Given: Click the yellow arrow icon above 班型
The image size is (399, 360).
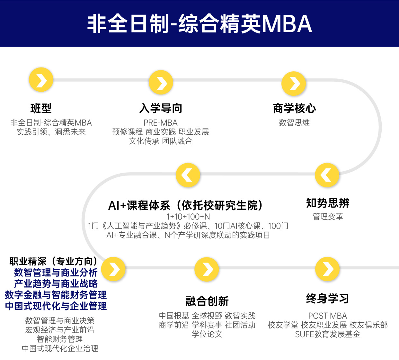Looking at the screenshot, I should pyautogui.click(x=41, y=80).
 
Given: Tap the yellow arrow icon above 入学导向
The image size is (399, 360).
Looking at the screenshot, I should pyautogui.click(x=161, y=83).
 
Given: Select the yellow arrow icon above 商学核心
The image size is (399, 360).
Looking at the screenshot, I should pyautogui.click(x=294, y=84).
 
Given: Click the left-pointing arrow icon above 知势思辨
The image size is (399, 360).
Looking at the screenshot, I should pyautogui.click(x=327, y=175).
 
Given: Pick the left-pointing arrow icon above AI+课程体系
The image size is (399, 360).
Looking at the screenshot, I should pyautogui.click(x=188, y=175).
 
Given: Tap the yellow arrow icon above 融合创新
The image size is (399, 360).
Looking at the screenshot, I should pyautogui.click(x=207, y=269).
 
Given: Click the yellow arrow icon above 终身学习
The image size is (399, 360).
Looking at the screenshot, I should pyautogui.click(x=327, y=269).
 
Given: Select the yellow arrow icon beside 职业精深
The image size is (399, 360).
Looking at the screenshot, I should pyautogui.click(x=113, y=269).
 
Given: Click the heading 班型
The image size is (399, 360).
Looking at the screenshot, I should pyautogui.click(x=41, y=108).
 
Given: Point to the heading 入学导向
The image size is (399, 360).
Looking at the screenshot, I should pyautogui.click(x=161, y=108).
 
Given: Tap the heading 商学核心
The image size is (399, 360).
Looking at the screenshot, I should pyautogui.click(x=294, y=108).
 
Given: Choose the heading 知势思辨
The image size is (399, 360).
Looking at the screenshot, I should pyautogui.click(x=328, y=203).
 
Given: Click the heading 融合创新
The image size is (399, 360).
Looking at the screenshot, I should pyautogui.click(x=207, y=301).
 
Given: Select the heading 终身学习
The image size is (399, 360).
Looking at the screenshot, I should pyautogui.click(x=327, y=299).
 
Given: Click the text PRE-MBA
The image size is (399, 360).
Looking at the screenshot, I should pyautogui.click(x=161, y=123).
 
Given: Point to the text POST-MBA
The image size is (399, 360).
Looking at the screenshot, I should pyautogui.click(x=327, y=316).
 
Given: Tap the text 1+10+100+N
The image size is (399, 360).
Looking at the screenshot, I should pyautogui.click(x=188, y=217).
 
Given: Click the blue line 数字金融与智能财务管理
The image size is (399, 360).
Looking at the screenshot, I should pyautogui.click(x=56, y=295).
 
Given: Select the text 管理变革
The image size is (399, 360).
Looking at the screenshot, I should pyautogui.click(x=328, y=217).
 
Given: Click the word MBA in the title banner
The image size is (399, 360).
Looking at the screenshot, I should pyautogui.click(x=287, y=24).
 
